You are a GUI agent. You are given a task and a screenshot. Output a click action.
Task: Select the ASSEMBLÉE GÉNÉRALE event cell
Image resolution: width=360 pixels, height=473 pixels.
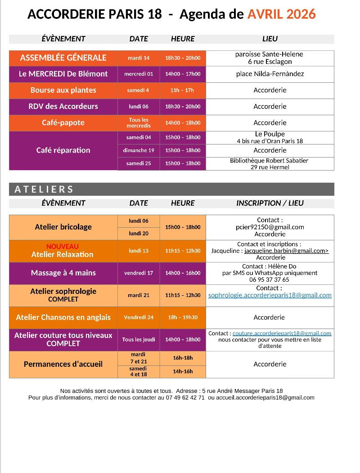click(63, 58)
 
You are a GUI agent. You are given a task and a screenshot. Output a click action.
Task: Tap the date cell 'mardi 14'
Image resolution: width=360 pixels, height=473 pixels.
click(139, 58)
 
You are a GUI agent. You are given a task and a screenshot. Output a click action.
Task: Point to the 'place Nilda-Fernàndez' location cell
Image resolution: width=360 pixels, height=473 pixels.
click(270, 74)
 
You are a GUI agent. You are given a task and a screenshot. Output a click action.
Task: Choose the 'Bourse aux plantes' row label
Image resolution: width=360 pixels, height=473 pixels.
click(63, 90)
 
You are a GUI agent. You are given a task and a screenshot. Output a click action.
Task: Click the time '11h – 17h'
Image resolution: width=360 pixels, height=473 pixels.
click(182, 90)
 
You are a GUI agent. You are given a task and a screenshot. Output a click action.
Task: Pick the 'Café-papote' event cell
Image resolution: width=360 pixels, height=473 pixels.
click(63, 122)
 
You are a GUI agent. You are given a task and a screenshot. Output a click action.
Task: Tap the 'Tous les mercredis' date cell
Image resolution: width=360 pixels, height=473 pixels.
click(139, 123)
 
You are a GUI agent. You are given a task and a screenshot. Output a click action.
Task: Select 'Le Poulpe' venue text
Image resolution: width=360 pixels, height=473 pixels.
click(270, 134)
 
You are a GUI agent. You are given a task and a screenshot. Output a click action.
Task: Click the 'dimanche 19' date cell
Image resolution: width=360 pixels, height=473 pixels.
click(139, 150)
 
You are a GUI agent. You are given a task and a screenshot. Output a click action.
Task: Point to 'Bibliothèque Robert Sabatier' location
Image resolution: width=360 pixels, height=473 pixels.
click(269, 161)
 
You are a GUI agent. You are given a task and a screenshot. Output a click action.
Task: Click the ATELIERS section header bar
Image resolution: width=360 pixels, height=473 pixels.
click(171, 189)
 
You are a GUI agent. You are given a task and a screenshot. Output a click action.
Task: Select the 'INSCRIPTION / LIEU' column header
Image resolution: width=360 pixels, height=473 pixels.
click(270, 203)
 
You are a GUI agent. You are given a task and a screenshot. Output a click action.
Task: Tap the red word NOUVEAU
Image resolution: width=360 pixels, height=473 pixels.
click(62, 247)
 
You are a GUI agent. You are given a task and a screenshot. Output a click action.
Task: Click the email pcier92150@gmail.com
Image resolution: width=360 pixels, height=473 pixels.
click(270, 227)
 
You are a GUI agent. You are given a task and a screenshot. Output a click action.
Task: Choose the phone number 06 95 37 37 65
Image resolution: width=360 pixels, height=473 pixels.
click(270, 279)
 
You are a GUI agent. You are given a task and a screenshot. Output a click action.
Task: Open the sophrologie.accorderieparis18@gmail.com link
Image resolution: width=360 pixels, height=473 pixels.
click(270, 295)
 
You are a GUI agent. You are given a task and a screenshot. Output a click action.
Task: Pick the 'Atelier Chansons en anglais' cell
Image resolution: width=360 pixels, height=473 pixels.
click(63, 317)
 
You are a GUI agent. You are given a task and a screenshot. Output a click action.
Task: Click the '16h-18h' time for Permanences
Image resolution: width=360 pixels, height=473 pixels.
click(183, 358)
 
